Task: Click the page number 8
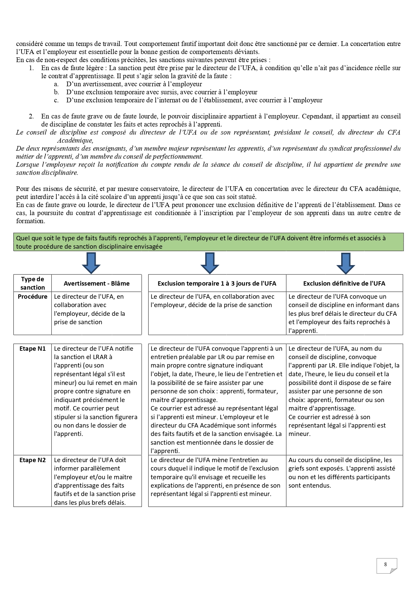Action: [385, 564]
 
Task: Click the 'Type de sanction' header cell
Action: [33, 283]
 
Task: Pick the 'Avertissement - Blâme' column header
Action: [97, 283]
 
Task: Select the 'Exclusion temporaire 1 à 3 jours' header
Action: [217, 283]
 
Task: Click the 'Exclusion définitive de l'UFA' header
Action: [344, 283]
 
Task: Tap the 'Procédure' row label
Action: [33, 297]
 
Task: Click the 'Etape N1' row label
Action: [33, 349]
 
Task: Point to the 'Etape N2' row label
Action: [33, 460]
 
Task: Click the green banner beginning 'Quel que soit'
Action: [208, 242]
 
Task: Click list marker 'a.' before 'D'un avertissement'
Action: [56, 84]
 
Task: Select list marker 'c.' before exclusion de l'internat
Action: [56, 100]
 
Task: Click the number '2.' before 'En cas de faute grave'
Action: [31, 116]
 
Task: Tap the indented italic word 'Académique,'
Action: [75, 141]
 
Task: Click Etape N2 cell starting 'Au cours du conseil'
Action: [342, 473]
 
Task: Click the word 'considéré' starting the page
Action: [30, 44]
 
